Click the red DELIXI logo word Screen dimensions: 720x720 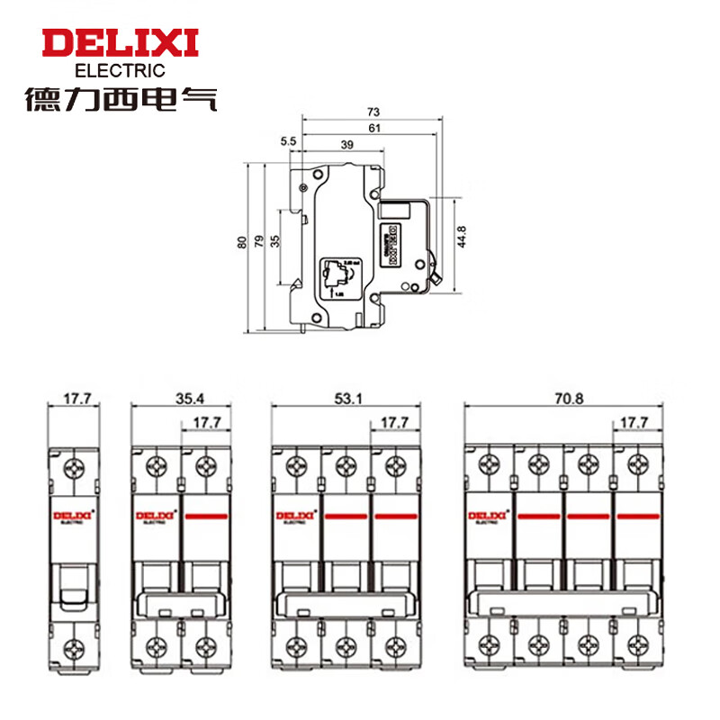point(120,43)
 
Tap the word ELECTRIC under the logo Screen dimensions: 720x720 point(120,70)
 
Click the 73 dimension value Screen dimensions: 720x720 point(373,112)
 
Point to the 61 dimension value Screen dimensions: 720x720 point(373,129)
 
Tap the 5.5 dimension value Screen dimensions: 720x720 point(288,142)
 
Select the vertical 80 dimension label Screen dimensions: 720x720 point(241,243)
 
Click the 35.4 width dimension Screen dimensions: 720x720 point(181,395)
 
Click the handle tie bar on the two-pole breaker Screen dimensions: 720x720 point(181,602)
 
